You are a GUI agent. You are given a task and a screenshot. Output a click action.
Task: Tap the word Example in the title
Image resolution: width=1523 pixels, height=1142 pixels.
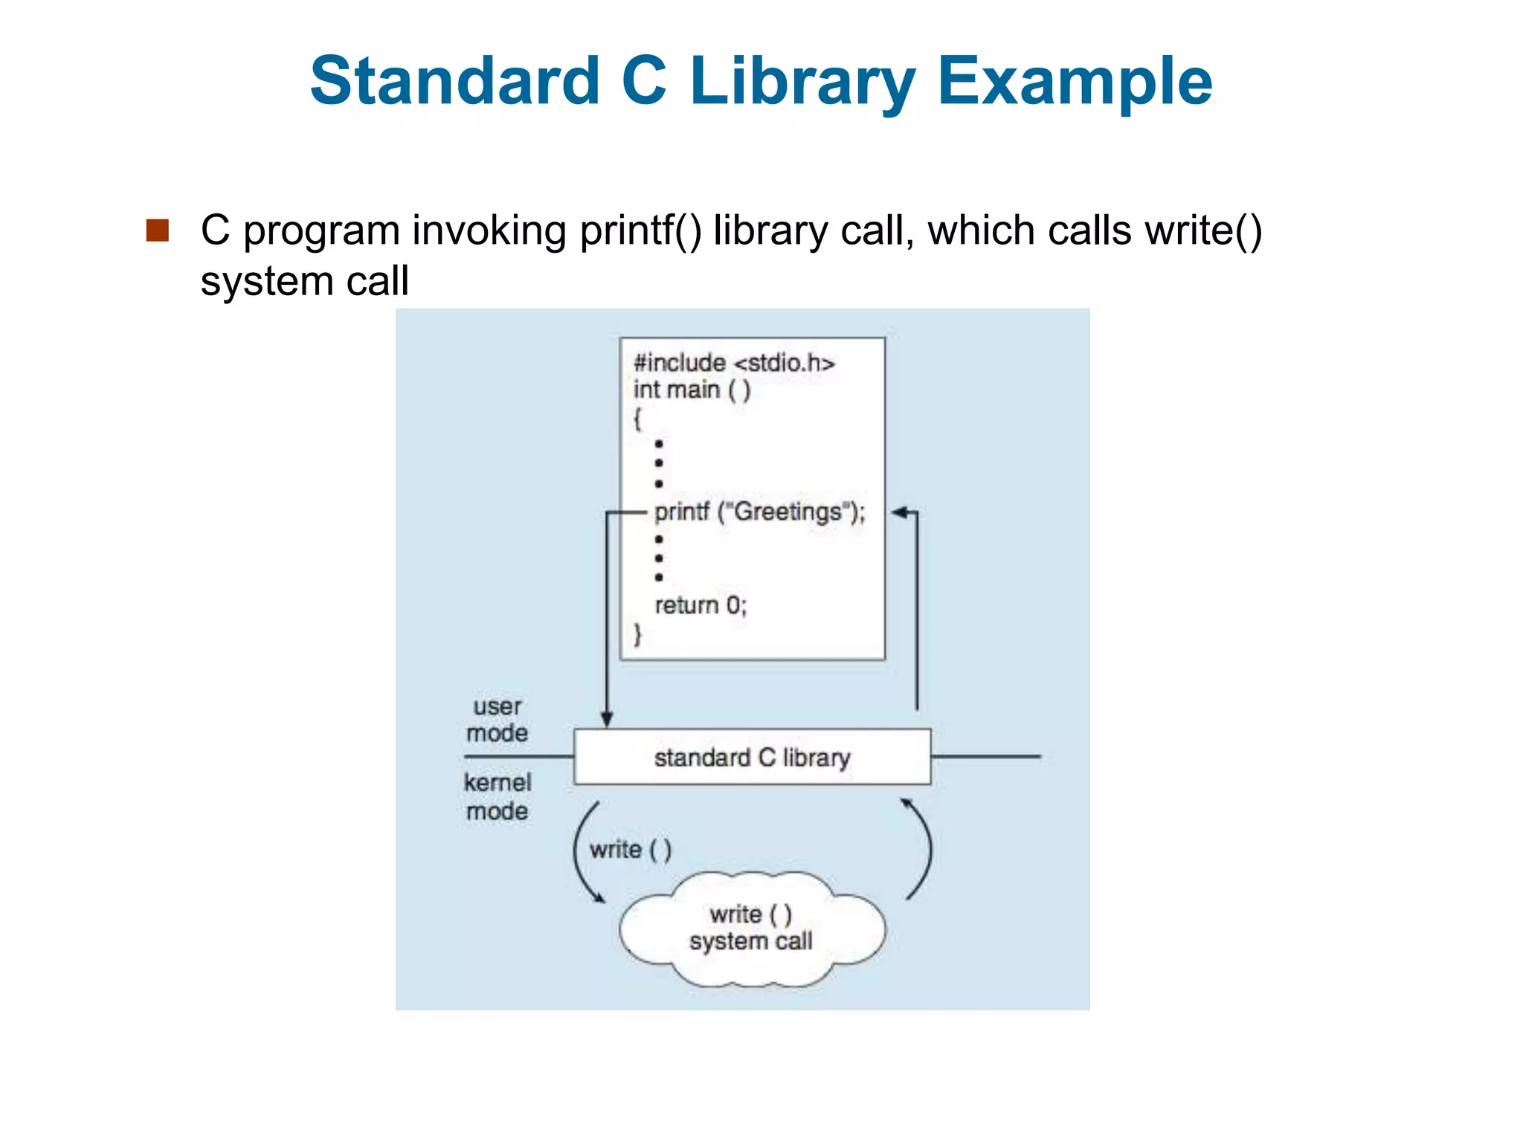click(x=1075, y=82)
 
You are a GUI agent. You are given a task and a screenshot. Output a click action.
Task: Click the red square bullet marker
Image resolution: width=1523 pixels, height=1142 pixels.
click(x=158, y=230)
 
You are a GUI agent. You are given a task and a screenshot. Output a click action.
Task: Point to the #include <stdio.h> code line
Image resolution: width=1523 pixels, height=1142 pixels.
click(x=734, y=363)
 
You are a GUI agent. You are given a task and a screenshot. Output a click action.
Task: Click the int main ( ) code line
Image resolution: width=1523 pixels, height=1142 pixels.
click(x=692, y=390)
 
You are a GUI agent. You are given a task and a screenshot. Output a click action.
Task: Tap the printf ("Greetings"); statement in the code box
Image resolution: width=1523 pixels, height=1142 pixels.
click(x=759, y=512)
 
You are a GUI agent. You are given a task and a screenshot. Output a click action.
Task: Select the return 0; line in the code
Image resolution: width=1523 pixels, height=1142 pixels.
click(x=700, y=605)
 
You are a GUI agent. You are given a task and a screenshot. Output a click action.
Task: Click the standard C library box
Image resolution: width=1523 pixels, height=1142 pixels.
click(x=752, y=757)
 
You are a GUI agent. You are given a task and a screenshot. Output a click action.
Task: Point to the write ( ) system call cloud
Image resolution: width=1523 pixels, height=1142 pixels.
click(x=751, y=929)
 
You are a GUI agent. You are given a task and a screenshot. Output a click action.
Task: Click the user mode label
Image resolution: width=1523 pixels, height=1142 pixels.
click(x=497, y=719)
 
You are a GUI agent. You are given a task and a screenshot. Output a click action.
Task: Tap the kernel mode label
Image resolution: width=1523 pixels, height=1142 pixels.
click(x=498, y=796)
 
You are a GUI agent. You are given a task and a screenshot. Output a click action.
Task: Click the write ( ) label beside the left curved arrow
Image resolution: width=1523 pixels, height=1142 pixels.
click(x=631, y=849)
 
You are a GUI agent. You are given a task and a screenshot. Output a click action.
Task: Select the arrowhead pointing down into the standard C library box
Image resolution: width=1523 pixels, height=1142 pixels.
click(x=607, y=719)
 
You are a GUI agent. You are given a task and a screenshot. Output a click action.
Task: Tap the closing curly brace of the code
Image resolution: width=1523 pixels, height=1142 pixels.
click(x=637, y=634)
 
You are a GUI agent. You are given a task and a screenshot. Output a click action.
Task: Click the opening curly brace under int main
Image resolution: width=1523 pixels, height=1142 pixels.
click(x=637, y=419)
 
